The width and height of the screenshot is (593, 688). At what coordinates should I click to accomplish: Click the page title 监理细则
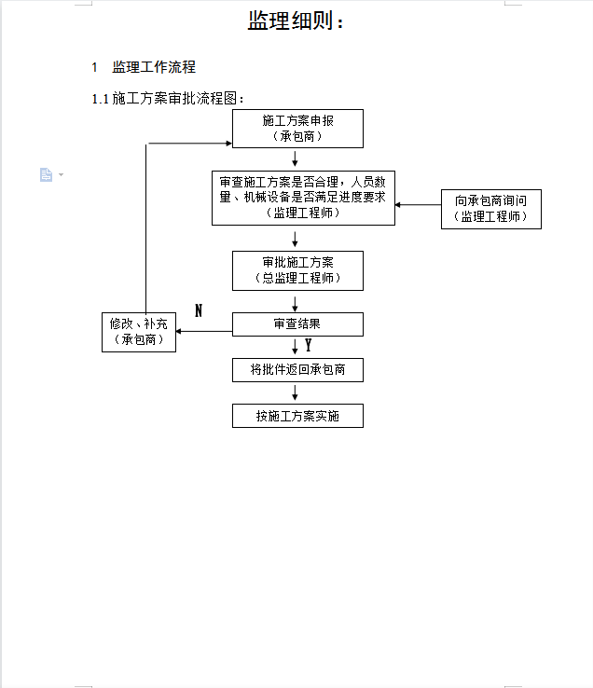click(290, 21)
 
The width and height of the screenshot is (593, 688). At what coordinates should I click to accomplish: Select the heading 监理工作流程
click(154, 67)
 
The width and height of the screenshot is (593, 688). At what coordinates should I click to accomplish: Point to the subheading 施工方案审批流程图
click(174, 98)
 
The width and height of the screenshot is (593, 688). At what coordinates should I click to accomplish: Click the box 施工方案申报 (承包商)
click(297, 129)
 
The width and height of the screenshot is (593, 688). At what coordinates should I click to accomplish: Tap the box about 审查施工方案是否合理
click(303, 198)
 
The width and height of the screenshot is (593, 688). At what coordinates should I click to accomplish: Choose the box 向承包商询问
click(491, 210)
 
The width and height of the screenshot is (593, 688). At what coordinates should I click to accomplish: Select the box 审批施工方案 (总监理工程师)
click(297, 270)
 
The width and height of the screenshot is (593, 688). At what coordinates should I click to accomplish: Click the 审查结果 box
click(297, 324)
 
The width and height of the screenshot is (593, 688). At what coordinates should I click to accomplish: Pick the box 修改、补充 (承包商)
click(139, 332)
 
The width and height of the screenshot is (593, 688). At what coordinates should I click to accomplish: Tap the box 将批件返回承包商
click(297, 370)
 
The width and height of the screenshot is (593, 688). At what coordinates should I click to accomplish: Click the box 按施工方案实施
click(297, 416)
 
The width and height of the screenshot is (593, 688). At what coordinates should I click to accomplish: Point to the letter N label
click(199, 310)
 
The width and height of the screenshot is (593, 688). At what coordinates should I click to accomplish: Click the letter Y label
click(308, 345)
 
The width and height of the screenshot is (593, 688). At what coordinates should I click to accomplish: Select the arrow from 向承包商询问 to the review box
click(418, 204)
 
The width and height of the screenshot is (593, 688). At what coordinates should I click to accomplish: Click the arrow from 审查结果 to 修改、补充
click(204, 331)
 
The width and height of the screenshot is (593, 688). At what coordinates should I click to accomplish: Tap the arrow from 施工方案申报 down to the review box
click(295, 158)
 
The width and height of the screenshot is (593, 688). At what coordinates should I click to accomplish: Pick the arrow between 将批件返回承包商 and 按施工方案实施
click(295, 392)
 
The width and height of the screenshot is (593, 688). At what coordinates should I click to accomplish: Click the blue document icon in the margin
click(46, 174)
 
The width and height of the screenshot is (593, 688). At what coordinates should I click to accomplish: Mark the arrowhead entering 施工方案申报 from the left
click(228, 143)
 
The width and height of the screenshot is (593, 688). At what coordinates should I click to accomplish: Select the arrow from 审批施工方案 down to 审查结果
click(295, 304)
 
